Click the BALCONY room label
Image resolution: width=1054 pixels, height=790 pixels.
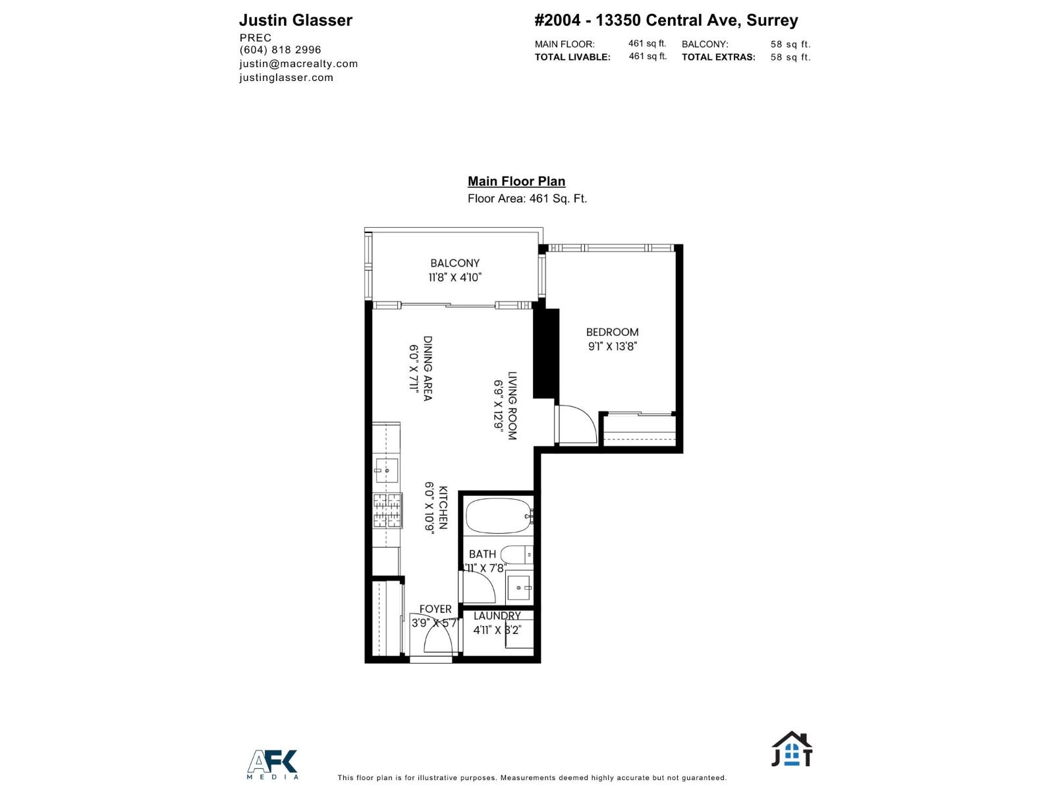click(x=455, y=263)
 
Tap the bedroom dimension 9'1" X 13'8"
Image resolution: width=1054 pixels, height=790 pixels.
click(x=612, y=346)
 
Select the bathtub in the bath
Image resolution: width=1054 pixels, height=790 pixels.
click(x=497, y=516)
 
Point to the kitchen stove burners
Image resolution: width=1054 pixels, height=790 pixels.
click(x=387, y=511)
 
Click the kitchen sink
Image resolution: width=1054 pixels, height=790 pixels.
click(x=386, y=469)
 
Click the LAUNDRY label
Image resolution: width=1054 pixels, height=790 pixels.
click(x=497, y=616)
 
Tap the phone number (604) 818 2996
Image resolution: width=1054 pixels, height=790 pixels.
click(x=280, y=50)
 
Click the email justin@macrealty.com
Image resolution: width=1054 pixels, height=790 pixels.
click(x=298, y=64)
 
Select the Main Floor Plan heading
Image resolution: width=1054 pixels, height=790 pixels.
click(x=516, y=181)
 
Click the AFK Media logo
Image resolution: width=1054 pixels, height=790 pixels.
click(x=273, y=764)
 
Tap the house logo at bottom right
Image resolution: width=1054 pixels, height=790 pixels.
click(x=792, y=750)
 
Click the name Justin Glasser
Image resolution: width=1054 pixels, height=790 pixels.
click(x=295, y=20)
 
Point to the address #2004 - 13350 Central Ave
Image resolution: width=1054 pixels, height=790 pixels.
click(x=665, y=20)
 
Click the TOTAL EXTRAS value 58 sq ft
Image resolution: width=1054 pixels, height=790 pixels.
click(x=790, y=57)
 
